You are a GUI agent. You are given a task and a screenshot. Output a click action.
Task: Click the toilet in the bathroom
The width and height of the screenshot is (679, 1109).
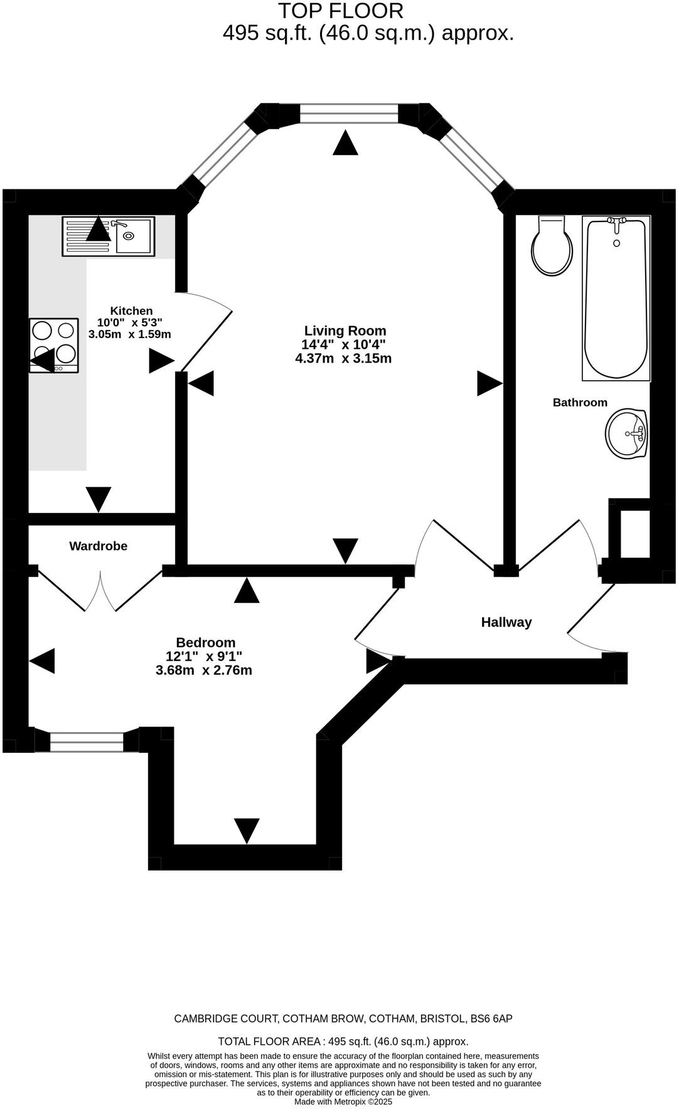552,247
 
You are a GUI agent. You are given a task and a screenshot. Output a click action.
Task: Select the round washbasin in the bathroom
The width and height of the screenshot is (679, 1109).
626,433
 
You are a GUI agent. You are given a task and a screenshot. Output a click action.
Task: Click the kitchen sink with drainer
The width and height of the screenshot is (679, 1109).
108,236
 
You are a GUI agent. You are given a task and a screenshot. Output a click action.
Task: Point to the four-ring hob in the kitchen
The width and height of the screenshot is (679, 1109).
54,345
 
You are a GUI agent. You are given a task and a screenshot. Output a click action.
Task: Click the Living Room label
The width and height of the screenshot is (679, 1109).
345,331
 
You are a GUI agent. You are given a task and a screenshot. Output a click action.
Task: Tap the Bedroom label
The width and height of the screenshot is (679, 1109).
205,642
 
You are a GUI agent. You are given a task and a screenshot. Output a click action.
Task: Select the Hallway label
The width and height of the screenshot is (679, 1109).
506,622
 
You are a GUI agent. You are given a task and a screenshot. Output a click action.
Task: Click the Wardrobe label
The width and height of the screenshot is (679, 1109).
98,546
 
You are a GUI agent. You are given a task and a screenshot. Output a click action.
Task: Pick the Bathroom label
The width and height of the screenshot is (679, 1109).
580,403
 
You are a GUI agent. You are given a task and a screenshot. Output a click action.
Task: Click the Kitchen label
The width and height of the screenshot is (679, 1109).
131,310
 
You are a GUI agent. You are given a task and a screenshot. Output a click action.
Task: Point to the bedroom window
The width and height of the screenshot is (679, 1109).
87,742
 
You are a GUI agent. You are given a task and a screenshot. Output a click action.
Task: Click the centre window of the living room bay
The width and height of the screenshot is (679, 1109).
349,114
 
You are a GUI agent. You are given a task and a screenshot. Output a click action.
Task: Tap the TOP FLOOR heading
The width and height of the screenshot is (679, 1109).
340,11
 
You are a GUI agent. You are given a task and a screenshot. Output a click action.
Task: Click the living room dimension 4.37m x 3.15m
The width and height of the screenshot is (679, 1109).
343,359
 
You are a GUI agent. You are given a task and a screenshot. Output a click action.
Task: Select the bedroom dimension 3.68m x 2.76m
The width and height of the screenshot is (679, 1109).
204,671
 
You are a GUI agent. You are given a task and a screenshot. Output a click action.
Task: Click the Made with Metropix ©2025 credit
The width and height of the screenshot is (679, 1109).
343,1101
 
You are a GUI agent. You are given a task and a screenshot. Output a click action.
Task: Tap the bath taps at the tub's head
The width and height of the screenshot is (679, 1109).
616,221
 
